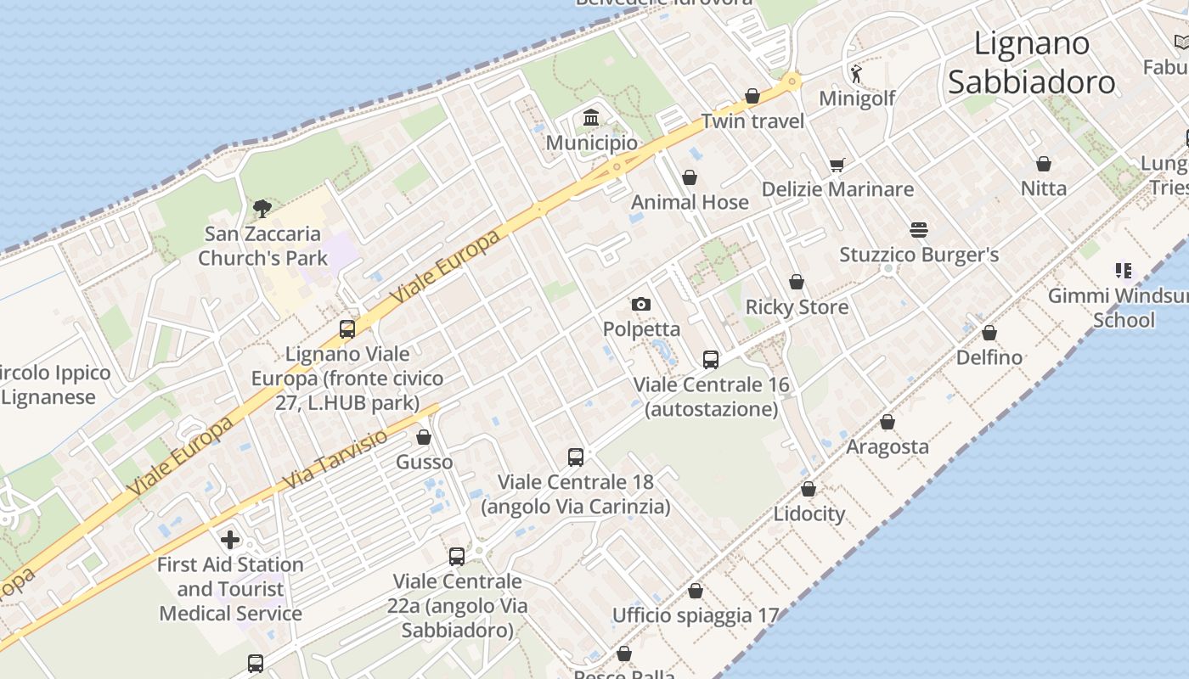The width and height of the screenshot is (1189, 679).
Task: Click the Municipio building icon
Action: pos(591,117)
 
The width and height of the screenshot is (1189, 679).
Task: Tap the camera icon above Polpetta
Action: pos(641,304)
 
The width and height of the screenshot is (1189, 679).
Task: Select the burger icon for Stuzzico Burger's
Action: pos(918,229)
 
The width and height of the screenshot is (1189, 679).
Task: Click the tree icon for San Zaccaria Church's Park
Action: pos(262,208)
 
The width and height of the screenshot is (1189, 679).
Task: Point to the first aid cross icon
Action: pos(229,540)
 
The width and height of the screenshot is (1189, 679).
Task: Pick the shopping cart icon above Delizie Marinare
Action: pos(837,165)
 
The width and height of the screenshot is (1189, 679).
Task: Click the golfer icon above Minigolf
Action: pos(856,74)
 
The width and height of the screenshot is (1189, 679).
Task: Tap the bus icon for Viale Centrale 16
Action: pos(711,360)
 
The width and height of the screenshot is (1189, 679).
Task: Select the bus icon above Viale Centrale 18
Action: pos(576,457)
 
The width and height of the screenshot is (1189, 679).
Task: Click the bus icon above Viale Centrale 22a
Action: pos(457,557)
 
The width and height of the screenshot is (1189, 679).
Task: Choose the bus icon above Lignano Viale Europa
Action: pos(347,329)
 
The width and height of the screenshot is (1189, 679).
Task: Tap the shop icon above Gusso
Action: pos(424,438)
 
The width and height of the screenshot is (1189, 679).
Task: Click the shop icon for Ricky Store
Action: pos(797,282)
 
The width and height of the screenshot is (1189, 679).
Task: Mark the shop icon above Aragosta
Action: pos(888,422)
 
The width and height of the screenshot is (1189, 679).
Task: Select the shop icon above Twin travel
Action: pos(752,96)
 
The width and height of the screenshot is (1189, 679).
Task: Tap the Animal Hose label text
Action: pos(690,202)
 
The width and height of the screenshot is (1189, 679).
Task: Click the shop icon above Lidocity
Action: pos(809,489)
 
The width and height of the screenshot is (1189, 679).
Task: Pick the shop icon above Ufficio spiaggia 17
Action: pos(696,591)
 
